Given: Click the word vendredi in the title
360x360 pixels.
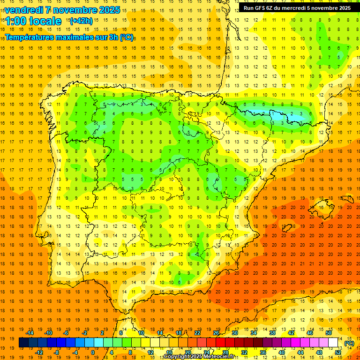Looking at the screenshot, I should pyautogui.click(x=24, y=10).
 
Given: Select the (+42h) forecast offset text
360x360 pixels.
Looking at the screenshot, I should pyautogui.click(x=81, y=21).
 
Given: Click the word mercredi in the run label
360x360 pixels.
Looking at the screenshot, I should pyautogui.click(x=303, y=8).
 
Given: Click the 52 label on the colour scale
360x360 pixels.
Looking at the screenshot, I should pyautogui.click(x=338, y=352).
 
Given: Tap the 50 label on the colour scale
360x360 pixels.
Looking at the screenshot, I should pyautogui.click(x=329, y=332).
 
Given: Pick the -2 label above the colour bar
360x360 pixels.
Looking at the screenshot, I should pyautogui.click(x=84, y=332).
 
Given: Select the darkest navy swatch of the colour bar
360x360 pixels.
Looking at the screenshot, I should pyautogui.click(x=24, y=343).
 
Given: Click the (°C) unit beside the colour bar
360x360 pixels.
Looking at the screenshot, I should pyautogui.click(x=349, y=343).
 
